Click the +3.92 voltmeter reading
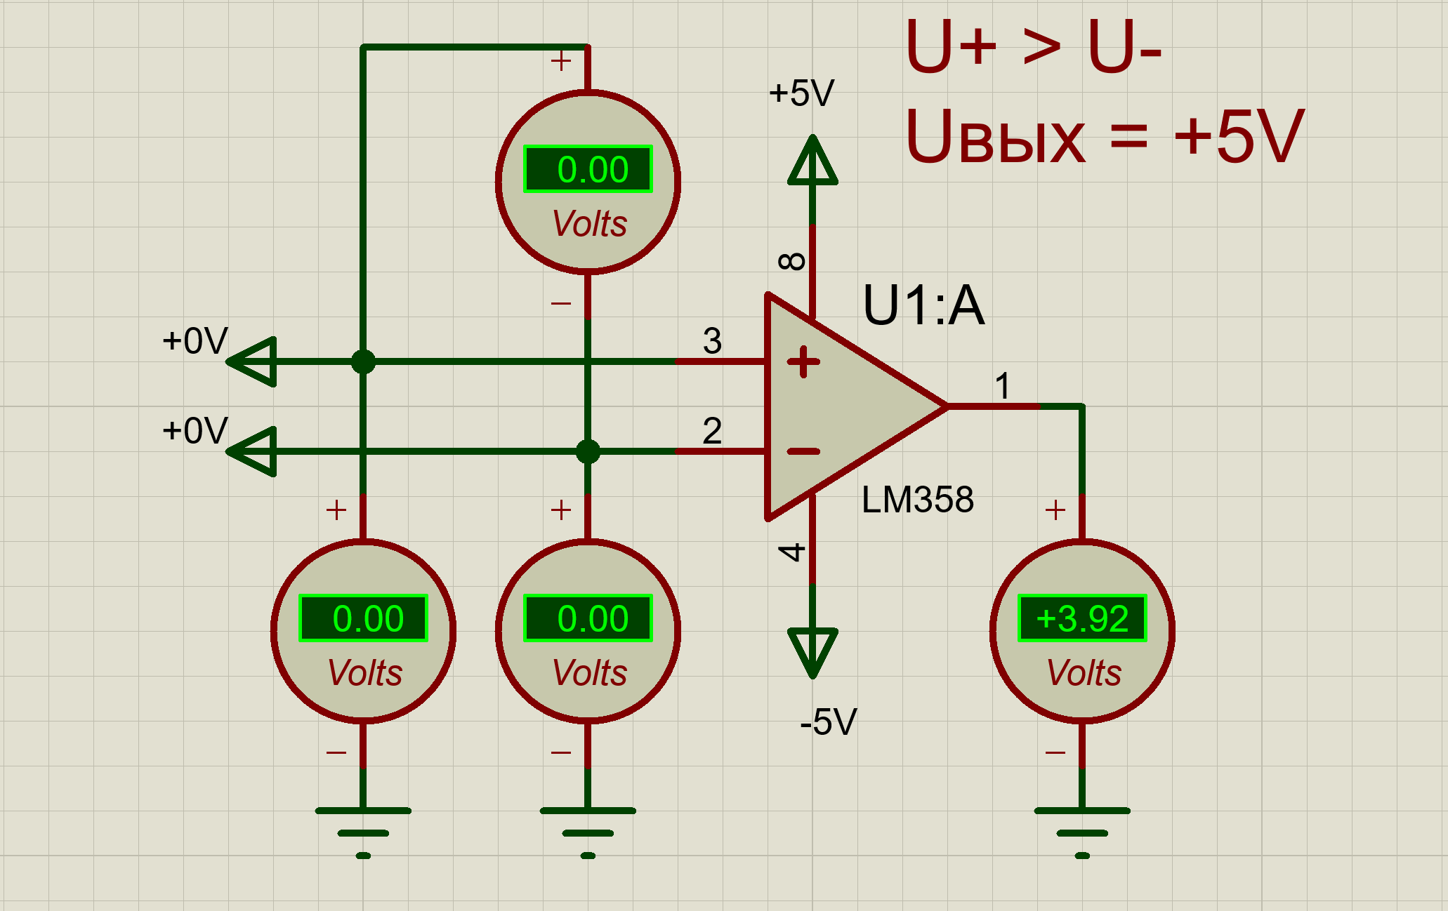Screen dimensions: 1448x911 coord(1082,618)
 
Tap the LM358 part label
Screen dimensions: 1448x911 coord(917,500)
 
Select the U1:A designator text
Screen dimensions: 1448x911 coord(923,305)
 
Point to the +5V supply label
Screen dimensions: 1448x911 coord(801,93)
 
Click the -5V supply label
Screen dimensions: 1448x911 coord(829,722)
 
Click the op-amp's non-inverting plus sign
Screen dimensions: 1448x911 coord(803,362)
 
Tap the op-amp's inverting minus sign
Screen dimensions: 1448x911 coord(803,451)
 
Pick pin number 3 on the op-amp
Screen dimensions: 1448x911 coord(712,340)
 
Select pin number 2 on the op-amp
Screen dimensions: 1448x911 coord(712,430)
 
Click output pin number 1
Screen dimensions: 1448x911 coord(1003,386)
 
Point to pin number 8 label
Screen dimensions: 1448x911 coord(792,262)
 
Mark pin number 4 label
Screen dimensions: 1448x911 coord(792,552)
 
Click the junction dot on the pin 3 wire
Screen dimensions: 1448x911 coord(363,362)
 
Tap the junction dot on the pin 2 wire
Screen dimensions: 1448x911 coord(588,451)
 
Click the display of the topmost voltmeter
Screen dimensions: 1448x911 coord(588,169)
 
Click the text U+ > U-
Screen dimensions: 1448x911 coord(1033,46)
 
